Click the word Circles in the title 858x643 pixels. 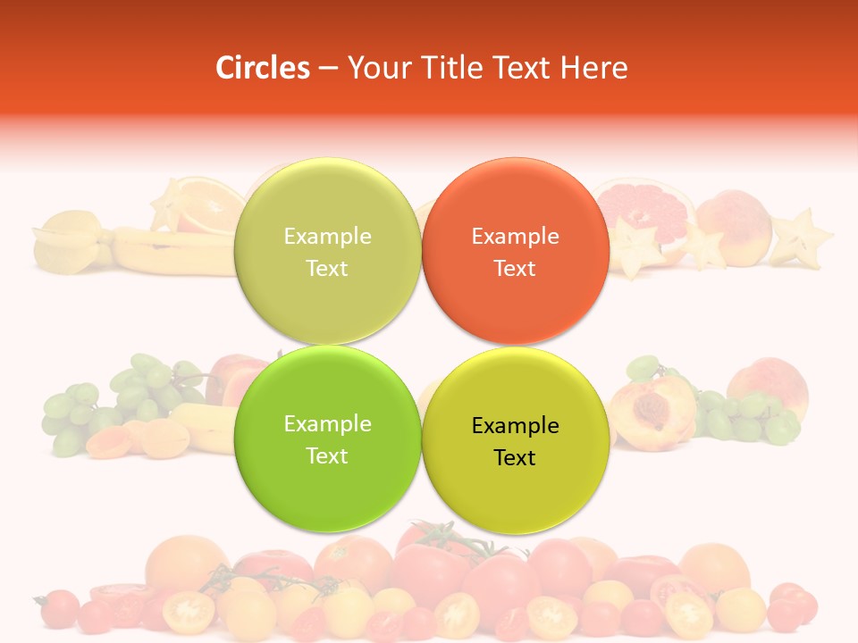pos(262,68)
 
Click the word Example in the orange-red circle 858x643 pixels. pos(516,237)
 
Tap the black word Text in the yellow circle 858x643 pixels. pos(515,458)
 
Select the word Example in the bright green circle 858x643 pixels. pos(327,424)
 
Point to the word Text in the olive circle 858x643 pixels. pos(327,269)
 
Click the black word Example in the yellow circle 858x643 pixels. pos(516,426)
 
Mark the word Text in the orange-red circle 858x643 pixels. pos(515,269)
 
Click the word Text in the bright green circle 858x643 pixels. pos(327,456)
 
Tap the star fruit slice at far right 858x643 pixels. pos(801,238)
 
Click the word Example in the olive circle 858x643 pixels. pos(327,237)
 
